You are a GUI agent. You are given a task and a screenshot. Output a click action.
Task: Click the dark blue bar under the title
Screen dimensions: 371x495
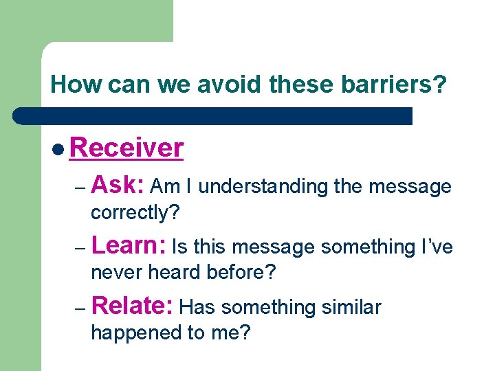pos(213,115)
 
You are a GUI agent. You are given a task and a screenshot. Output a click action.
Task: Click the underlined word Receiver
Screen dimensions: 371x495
pos(126,148)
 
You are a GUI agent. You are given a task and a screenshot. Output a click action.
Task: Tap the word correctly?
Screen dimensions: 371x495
pos(135,213)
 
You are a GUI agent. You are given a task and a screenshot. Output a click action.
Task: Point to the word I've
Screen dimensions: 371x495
pos(437,247)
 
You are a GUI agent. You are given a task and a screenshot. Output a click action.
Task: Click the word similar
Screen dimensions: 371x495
pos(350,307)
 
